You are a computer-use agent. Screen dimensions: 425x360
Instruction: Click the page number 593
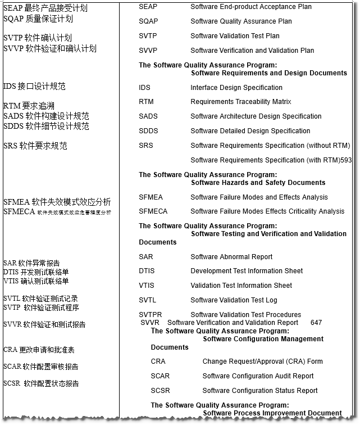tap(346, 160)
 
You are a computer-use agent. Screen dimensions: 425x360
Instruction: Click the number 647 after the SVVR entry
tap(316, 323)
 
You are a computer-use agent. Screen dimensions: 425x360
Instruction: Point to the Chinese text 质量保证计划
tap(49, 19)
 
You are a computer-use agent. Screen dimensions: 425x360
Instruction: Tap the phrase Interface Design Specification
tap(236, 88)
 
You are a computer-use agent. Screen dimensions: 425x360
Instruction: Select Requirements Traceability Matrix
tap(241, 102)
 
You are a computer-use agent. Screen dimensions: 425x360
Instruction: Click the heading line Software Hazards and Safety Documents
tap(258, 183)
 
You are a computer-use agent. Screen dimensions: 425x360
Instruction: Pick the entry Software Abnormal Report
tap(231, 257)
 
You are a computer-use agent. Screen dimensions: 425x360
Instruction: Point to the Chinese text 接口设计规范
tap(42, 87)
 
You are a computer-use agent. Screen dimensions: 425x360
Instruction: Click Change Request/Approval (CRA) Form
tap(263, 361)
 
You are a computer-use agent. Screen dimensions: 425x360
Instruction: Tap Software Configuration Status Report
tap(260, 391)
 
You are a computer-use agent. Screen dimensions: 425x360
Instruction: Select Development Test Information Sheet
tap(247, 271)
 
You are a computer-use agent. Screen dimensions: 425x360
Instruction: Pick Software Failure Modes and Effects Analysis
tap(259, 197)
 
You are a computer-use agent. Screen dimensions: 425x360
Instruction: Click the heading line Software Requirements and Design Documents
tap(269, 73)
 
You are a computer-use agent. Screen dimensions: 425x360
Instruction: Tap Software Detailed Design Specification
tap(250, 131)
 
